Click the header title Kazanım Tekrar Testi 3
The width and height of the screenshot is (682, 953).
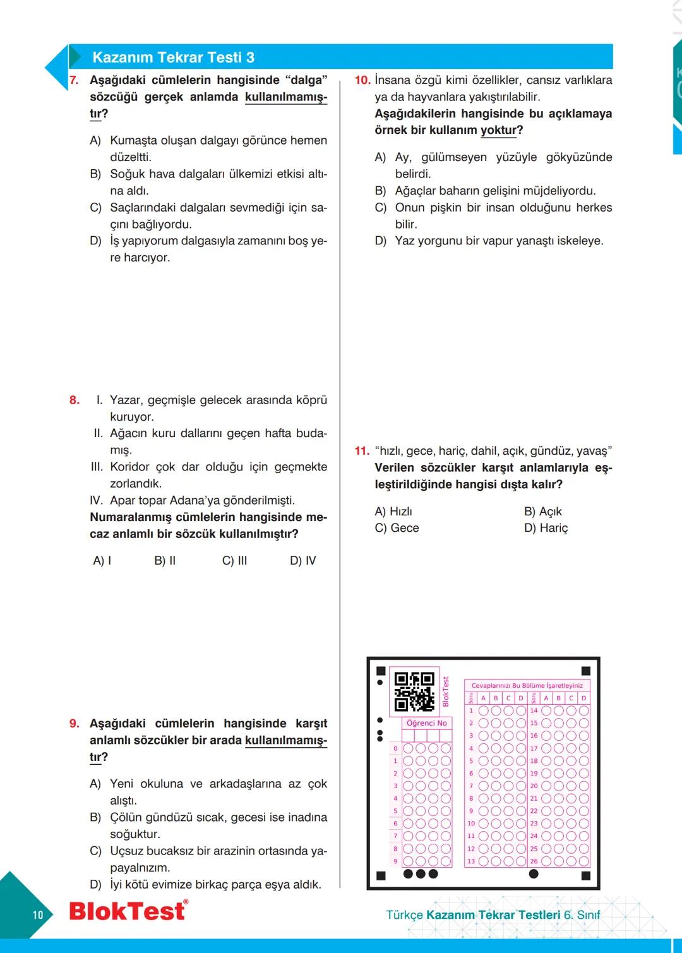pyautogui.click(x=173, y=57)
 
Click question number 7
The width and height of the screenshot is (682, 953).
pyautogui.click(x=74, y=80)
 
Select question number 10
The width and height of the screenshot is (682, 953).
pyautogui.click(x=362, y=80)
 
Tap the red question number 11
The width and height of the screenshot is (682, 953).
pyautogui.click(x=362, y=451)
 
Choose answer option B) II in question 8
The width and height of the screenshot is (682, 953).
pyautogui.click(x=165, y=561)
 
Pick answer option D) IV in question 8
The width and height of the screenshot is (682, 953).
pyautogui.click(x=302, y=561)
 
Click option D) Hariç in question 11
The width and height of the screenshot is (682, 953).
pyautogui.click(x=546, y=528)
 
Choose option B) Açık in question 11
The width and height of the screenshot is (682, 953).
pyautogui.click(x=542, y=512)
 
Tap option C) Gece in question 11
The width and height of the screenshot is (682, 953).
pyautogui.click(x=397, y=528)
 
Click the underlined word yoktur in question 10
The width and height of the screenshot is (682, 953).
pyautogui.click(x=498, y=130)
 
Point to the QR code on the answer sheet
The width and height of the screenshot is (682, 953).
pyautogui.click(x=414, y=692)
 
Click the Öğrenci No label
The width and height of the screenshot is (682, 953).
pyautogui.click(x=427, y=723)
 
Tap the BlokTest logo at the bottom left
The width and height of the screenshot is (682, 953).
pyautogui.click(x=128, y=911)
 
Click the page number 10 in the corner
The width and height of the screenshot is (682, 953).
pyautogui.click(x=38, y=914)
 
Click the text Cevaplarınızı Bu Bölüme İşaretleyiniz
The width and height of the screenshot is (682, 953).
pyautogui.click(x=527, y=685)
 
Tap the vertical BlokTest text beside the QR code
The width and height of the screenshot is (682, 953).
pyautogui.click(x=445, y=692)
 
